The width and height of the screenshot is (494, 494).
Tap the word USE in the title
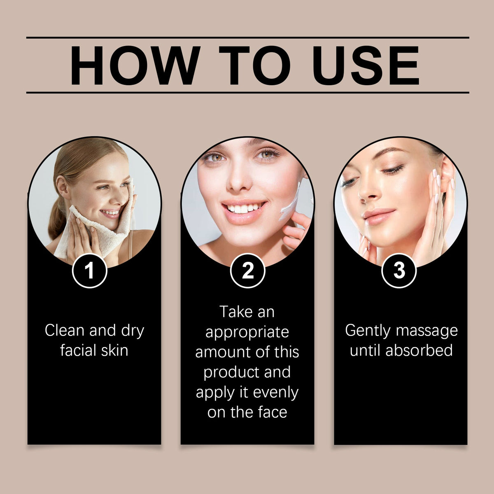[x=366, y=65]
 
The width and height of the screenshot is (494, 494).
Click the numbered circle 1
[x=89, y=271]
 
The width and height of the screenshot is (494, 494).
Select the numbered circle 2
[x=247, y=271]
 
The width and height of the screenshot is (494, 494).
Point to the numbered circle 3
[x=399, y=271]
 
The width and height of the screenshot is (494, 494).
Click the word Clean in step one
[x=65, y=330]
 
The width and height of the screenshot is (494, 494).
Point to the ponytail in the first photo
[x=56, y=218]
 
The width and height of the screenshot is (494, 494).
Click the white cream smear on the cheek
[x=290, y=205]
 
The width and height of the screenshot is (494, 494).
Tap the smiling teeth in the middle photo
[x=244, y=207]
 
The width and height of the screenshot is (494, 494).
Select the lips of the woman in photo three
[x=379, y=216]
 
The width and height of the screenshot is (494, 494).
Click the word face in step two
[x=273, y=412]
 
